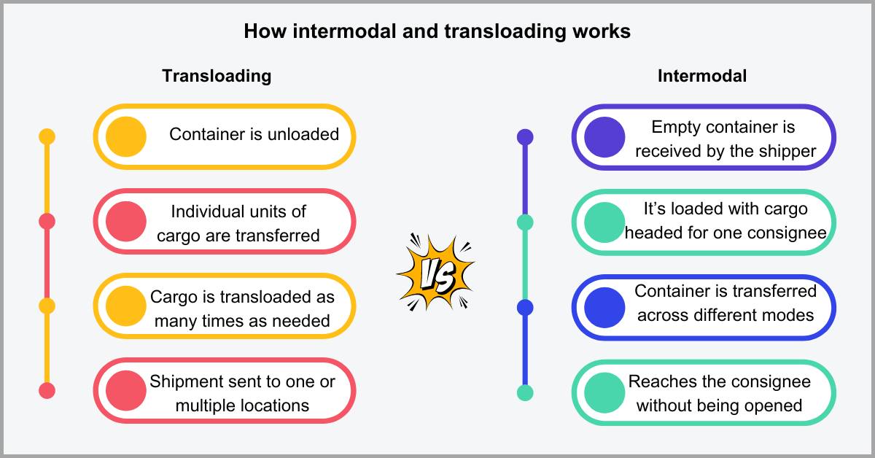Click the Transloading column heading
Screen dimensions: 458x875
tap(217, 76)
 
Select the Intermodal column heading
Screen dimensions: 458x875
tap(701, 76)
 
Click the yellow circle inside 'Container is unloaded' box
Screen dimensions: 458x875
tap(126, 136)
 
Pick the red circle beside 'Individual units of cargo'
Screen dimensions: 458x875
tap(126, 222)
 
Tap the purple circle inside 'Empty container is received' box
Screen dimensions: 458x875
tap(604, 137)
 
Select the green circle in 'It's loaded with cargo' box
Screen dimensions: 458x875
tap(604, 222)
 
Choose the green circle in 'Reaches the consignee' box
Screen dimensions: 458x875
tap(604, 392)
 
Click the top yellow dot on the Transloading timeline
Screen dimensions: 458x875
tap(47, 136)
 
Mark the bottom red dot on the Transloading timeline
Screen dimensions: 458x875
tap(47, 391)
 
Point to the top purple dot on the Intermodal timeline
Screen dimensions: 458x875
tap(525, 136)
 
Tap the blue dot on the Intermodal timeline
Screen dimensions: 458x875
tap(525, 307)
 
